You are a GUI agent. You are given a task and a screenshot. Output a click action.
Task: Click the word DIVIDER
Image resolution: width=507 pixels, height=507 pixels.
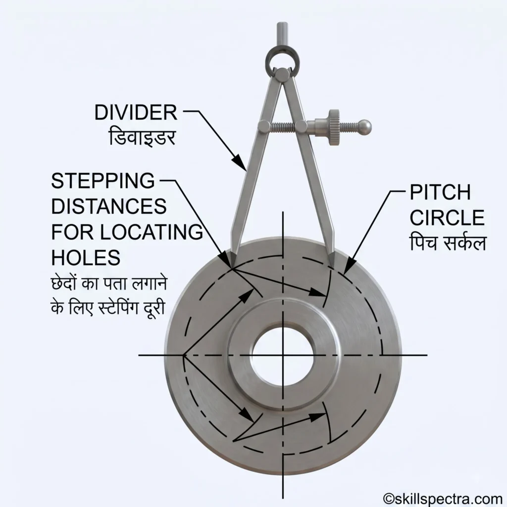[136, 112]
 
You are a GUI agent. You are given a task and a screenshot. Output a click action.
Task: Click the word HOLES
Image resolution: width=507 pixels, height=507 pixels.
[86, 257]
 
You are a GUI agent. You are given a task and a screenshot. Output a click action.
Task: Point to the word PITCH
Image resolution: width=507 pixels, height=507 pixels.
[440, 193]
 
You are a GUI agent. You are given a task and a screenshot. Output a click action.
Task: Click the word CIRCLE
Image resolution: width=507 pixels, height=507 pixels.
[447, 218]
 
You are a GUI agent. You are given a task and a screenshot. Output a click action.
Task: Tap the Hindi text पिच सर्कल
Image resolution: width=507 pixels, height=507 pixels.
[448, 243]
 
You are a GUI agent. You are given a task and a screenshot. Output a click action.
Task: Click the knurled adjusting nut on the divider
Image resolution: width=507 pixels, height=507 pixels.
[334, 127]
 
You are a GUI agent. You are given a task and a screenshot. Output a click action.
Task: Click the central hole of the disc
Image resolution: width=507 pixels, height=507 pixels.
[283, 355]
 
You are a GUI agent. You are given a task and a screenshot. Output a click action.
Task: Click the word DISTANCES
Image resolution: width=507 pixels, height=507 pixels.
[109, 206]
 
